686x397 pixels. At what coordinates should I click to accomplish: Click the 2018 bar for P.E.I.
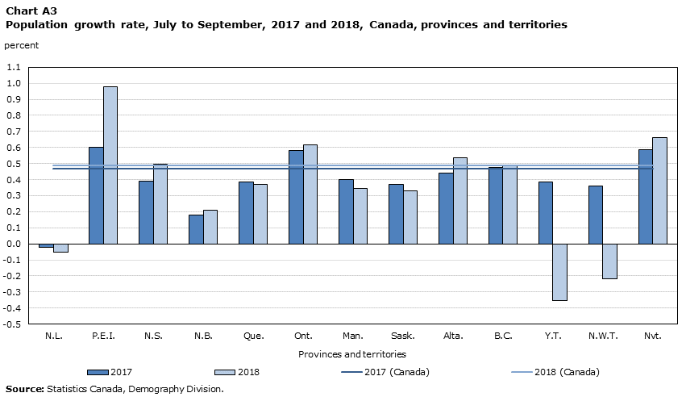click(x=110, y=165)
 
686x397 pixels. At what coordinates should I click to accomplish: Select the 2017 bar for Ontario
click(x=296, y=197)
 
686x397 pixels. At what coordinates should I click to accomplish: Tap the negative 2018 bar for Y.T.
click(x=560, y=272)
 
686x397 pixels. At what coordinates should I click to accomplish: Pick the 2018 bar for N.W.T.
click(x=610, y=261)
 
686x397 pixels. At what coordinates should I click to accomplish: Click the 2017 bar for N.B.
click(x=196, y=229)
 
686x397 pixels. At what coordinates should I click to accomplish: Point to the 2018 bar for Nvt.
click(x=659, y=191)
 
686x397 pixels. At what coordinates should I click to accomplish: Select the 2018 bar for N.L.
click(x=60, y=248)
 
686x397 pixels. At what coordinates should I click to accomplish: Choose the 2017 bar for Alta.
click(x=447, y=208)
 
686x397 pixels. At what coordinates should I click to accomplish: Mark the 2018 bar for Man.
click(x=360, y=216)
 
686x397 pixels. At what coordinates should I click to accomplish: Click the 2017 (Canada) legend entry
click(x=385, y=372)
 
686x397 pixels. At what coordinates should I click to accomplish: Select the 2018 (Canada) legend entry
click(x=555, y=372)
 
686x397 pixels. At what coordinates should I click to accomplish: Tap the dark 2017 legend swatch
click(x=98, y=373)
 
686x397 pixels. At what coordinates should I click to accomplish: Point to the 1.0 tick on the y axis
click(x=14, y=83)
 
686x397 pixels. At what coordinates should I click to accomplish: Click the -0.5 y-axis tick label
click(x=12, y=324)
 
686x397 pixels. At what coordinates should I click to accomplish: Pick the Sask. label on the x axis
click(x=403, y=336)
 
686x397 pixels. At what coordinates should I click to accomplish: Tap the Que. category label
click(x=254, y=336)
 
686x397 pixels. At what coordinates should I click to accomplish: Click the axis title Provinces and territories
click(x=352, y=354)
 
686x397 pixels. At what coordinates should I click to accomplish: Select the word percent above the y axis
click(x=22, y=45)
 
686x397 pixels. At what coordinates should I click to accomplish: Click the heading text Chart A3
click(x=31, y=10)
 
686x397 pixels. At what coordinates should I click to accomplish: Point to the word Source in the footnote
click(x=25, y=389)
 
